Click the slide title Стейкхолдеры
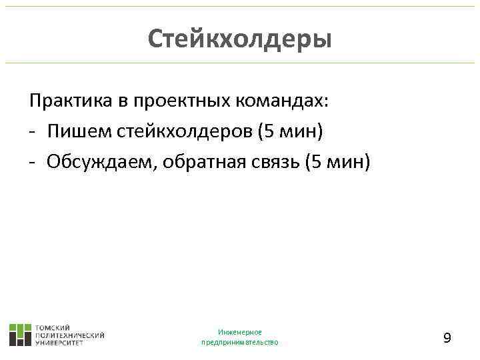(239, 38)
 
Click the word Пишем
(71, 131)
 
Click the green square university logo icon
(20, 334)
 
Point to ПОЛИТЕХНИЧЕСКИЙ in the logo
(69, 335)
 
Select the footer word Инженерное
(240, 332)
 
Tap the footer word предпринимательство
(240, 342)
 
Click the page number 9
(447, 338)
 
